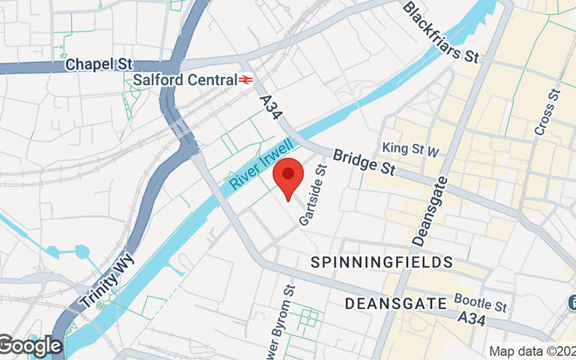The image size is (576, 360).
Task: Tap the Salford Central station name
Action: pyautogui.click(x=185, y=79)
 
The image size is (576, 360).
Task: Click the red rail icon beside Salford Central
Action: pyautogui.click(x=247, y=80)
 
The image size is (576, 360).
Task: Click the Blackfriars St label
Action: pyautogui.click(x=441, y=32)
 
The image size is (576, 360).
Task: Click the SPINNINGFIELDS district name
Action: pyautogui.click(x=382, y=262)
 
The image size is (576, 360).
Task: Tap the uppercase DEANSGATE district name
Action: pyautogui.click(x=397, y=304)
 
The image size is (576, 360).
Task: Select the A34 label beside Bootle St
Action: pyautogui.click(x=473, y=317)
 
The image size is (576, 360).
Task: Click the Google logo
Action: pyautogui.click(x=30, y=346)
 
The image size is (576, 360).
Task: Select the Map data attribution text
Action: pyautogui.click(x=532, y=351)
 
